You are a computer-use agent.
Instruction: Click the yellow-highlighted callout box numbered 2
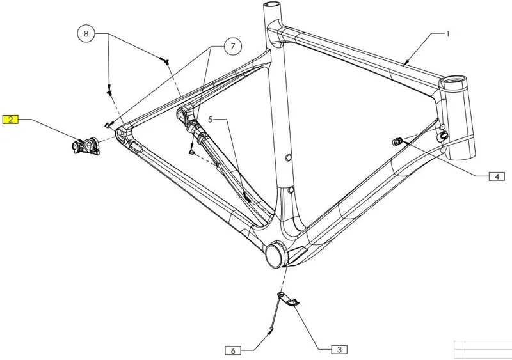pos(11,119)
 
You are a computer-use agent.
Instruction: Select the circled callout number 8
pos(86,33)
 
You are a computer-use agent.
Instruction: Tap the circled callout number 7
pos(233,46)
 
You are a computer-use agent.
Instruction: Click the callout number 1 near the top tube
pos(448,33)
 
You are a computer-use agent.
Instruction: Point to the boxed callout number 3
pos(339,349)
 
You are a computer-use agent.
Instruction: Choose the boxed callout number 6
pos(234,350)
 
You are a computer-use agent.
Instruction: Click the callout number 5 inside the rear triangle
pos(209,120)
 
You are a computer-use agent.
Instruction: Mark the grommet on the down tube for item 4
pos(396,140)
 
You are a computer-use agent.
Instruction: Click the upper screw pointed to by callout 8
pos(166,61)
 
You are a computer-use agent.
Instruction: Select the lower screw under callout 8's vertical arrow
pos(109,92)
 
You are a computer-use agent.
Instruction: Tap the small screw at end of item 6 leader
pos(270,330)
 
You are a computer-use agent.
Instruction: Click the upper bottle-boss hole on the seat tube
pos(287,157)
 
